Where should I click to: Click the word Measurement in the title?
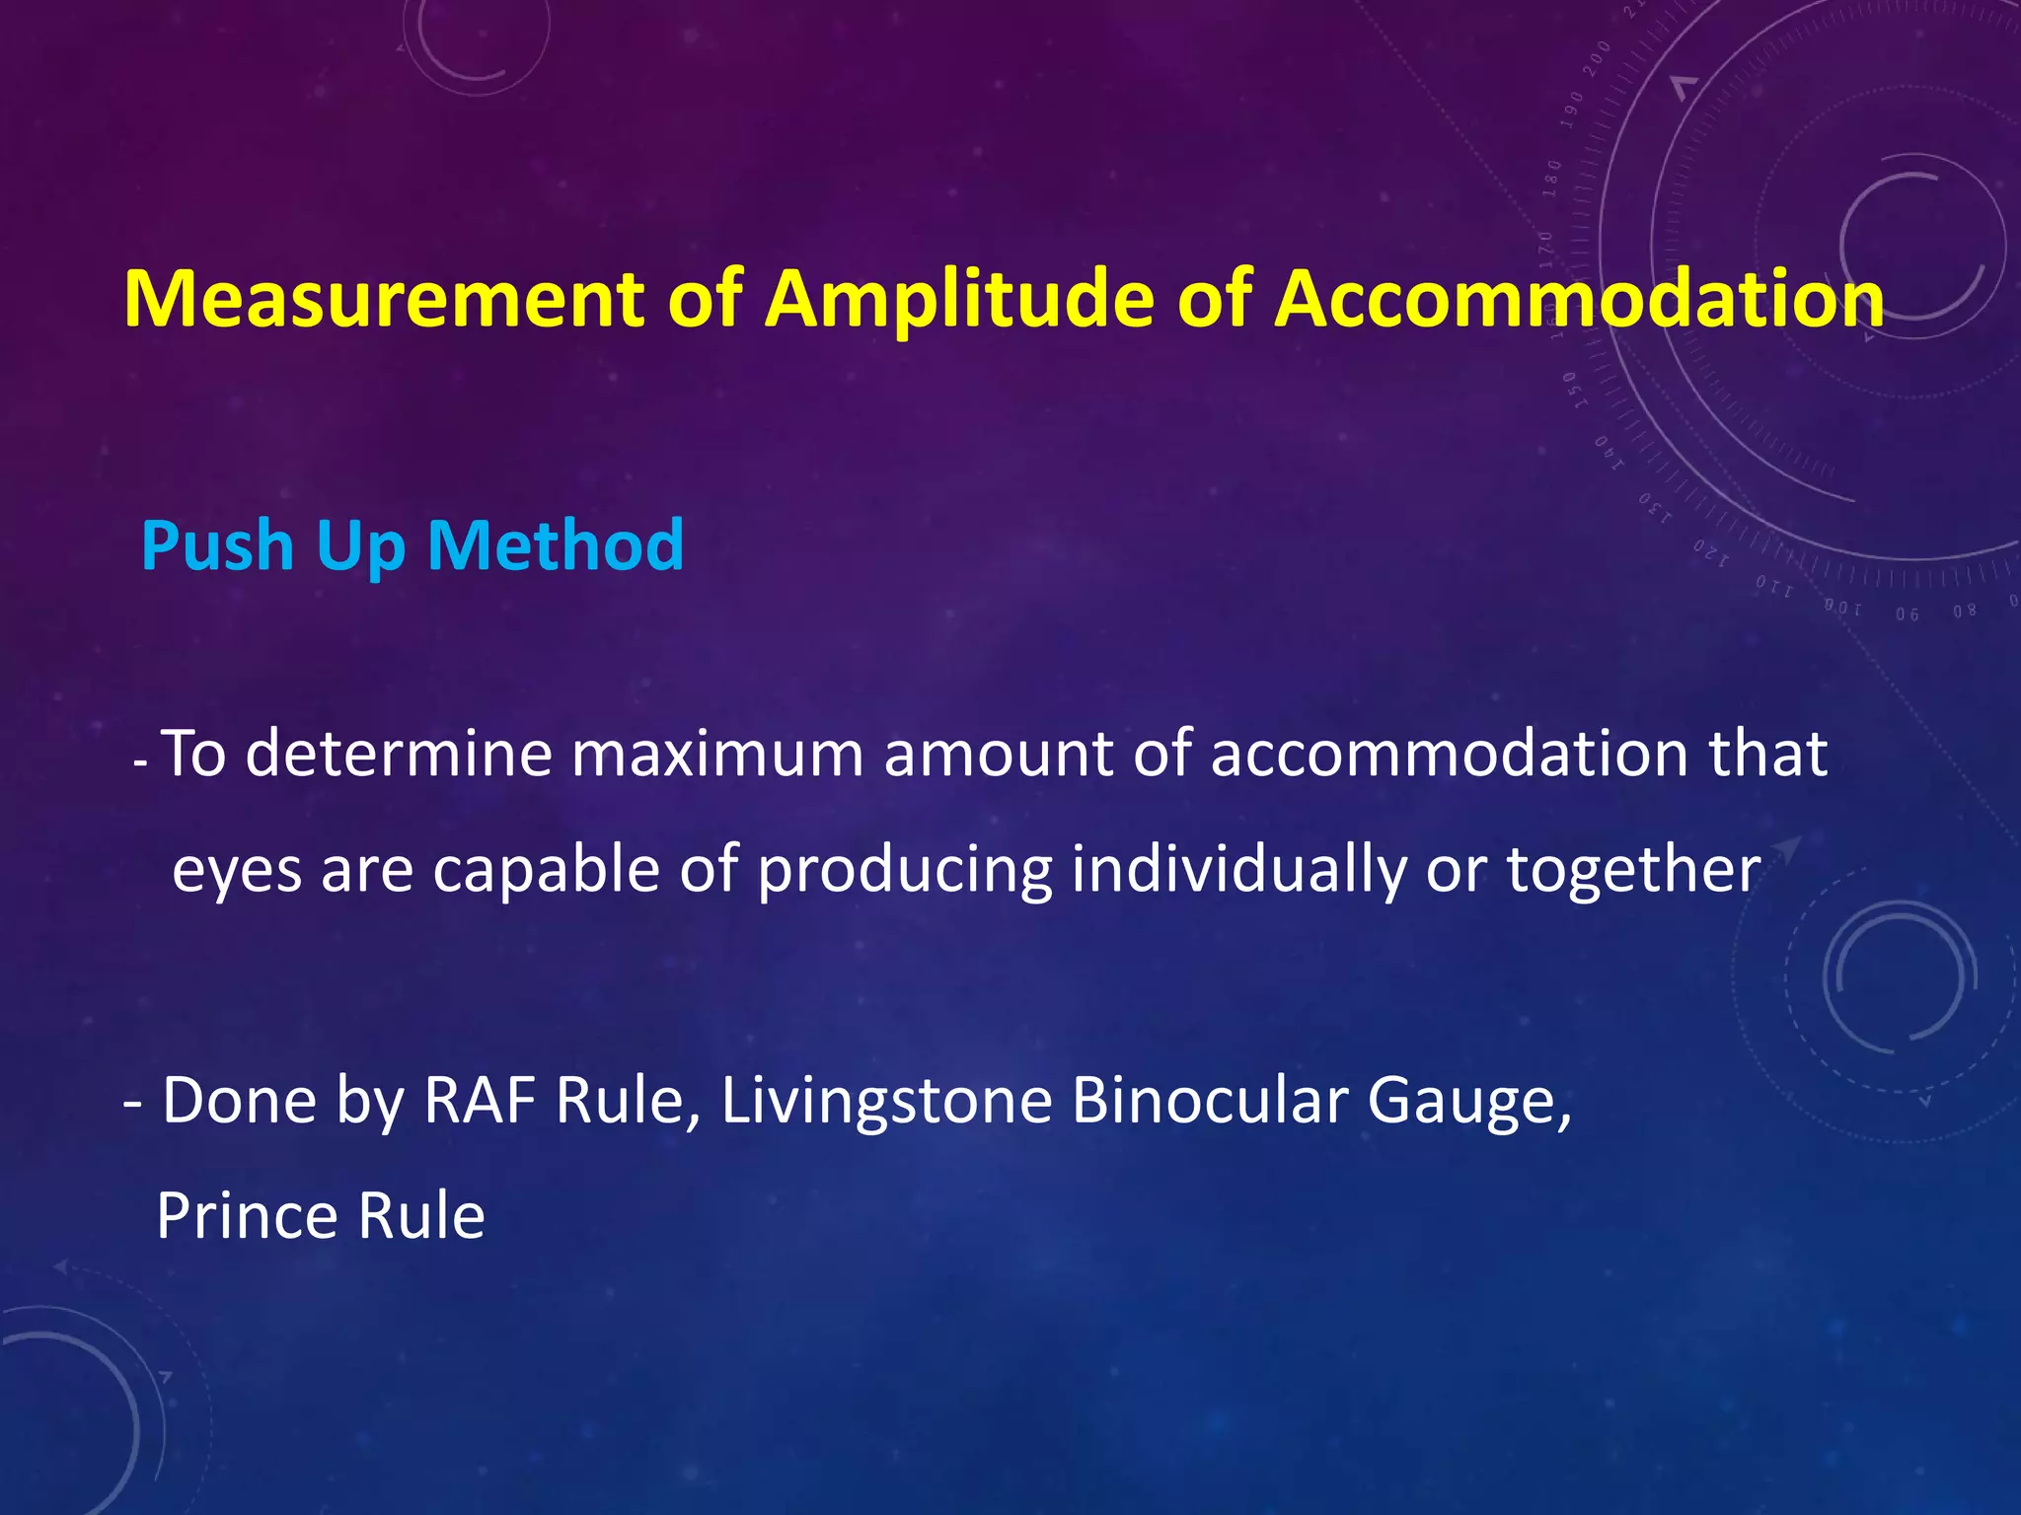384,299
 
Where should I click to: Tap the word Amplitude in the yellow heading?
960,299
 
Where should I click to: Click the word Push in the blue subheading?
219,545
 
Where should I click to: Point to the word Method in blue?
556,545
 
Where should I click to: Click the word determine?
399,754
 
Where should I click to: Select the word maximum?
717,754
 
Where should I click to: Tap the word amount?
998,754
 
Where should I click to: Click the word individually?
1238,870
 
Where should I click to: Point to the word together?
1633,870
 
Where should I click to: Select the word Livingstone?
886,1103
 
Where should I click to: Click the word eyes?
237,872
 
